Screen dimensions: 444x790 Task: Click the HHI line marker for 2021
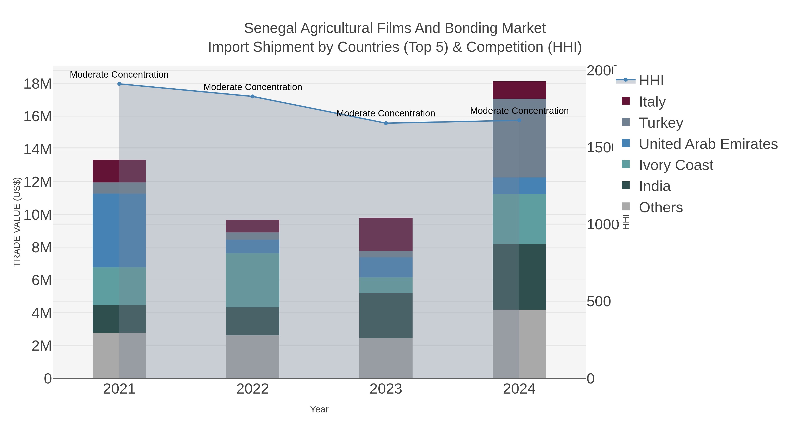[x=119, y=84]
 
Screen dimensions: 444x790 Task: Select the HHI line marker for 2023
[x=386, y=123]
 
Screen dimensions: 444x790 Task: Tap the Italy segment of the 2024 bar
[x=519, y=90]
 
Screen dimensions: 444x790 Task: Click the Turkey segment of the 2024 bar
[x=519, y=138]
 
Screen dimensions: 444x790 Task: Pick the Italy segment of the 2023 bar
[x=386, y=234]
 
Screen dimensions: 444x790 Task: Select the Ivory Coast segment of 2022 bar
[x=252, y=280]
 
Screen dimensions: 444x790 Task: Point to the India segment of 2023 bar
[x=386, y=315]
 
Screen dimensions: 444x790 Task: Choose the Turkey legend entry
[x=661, y=123]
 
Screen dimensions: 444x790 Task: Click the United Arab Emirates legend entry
[x=708, y=144]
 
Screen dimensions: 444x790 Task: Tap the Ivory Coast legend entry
[x=676, y=165]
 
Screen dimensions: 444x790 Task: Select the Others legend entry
[x=661, y=207]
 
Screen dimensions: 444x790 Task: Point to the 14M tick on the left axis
[x=37, y=149]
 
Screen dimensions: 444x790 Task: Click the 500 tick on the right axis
[x=599, y=301]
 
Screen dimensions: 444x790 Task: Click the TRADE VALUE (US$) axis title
[x=17, y=222]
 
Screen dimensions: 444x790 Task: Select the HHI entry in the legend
[x=651, y=81]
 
